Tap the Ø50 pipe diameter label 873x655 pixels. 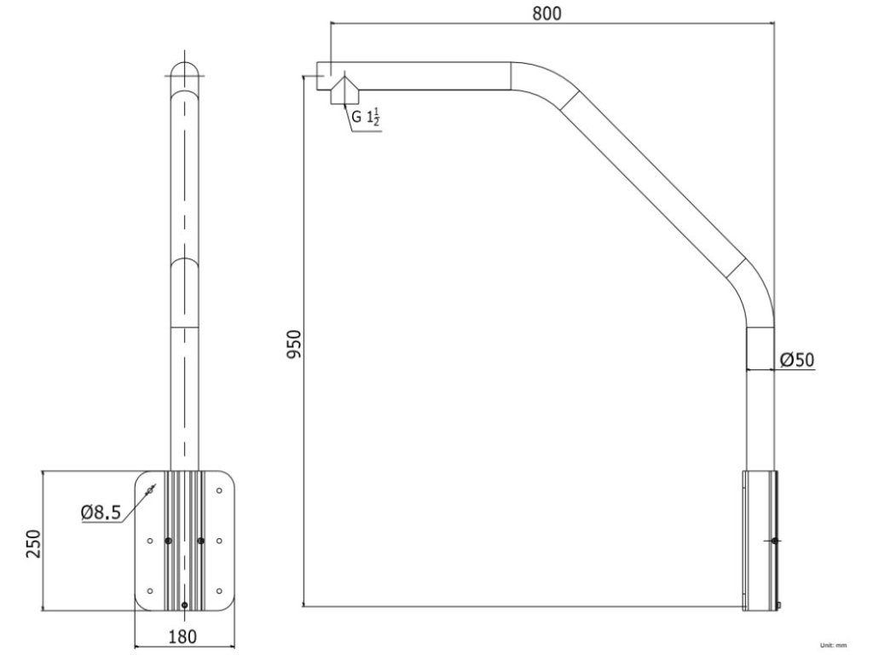[796, 360]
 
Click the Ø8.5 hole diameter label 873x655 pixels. [101, 513]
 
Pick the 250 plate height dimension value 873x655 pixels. [32, 542]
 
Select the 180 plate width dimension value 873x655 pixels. [182, 636]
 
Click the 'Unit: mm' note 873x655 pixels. [833, 646]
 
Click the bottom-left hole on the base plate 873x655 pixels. [150, 590]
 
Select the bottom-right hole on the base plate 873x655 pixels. [219, 590]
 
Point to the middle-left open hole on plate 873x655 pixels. [150, 540]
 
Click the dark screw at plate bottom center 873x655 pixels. [184, 605]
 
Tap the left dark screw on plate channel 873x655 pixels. [168, 540]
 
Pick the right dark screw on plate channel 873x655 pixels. [201, 540]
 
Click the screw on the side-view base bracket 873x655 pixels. [773, 541]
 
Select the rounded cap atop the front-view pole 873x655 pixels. [184, 70]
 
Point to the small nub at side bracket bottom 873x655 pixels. [779, 606]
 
